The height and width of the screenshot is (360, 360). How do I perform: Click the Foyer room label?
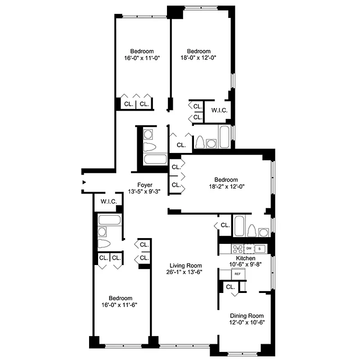coord(144,185)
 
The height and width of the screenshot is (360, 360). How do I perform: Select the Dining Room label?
coord(247,316)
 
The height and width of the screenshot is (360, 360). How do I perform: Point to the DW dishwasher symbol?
coord(248,248)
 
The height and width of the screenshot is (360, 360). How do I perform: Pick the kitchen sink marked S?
coord(260,248)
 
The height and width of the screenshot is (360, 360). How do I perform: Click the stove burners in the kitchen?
coord(237,248)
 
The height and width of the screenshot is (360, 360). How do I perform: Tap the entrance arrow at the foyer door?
coord(84,182)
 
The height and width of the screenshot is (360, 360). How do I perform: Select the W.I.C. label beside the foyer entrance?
coord(109,202)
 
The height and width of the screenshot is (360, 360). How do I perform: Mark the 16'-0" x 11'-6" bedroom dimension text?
coord(120,305)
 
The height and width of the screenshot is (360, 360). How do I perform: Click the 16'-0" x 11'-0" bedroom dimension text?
coord(142,58)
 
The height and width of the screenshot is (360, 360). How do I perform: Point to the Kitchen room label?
coord(246,258)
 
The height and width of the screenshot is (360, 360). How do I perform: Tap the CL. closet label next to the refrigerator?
coord(230,287)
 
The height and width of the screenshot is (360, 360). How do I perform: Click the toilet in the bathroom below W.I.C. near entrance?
coord(104,244)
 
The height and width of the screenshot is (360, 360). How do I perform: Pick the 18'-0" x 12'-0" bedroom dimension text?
coord(198,58)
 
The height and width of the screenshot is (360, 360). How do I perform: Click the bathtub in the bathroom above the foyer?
coord(155,159)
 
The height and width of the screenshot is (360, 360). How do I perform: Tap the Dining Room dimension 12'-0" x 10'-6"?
coord(247,322)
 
